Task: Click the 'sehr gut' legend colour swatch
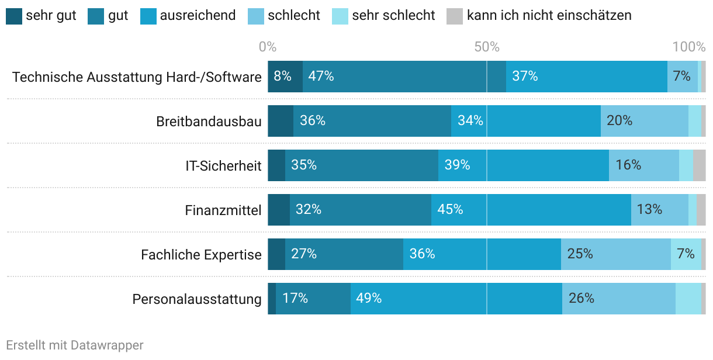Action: [13, 16]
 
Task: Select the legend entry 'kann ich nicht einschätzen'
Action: [549, 16]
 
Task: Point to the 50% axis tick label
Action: [487, 47]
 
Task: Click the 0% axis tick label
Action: [267, 47]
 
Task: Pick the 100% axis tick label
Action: [689, 47]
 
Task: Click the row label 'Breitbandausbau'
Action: [209, 122]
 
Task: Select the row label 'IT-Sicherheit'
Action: [223, 166]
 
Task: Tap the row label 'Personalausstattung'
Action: [197, 299]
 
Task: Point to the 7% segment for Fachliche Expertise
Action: [686, 254]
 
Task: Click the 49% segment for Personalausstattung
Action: [456, 299]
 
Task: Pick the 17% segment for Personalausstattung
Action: [313, 299]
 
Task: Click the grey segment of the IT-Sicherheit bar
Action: [699, 165]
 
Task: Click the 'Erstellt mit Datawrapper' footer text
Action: [75, 345]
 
